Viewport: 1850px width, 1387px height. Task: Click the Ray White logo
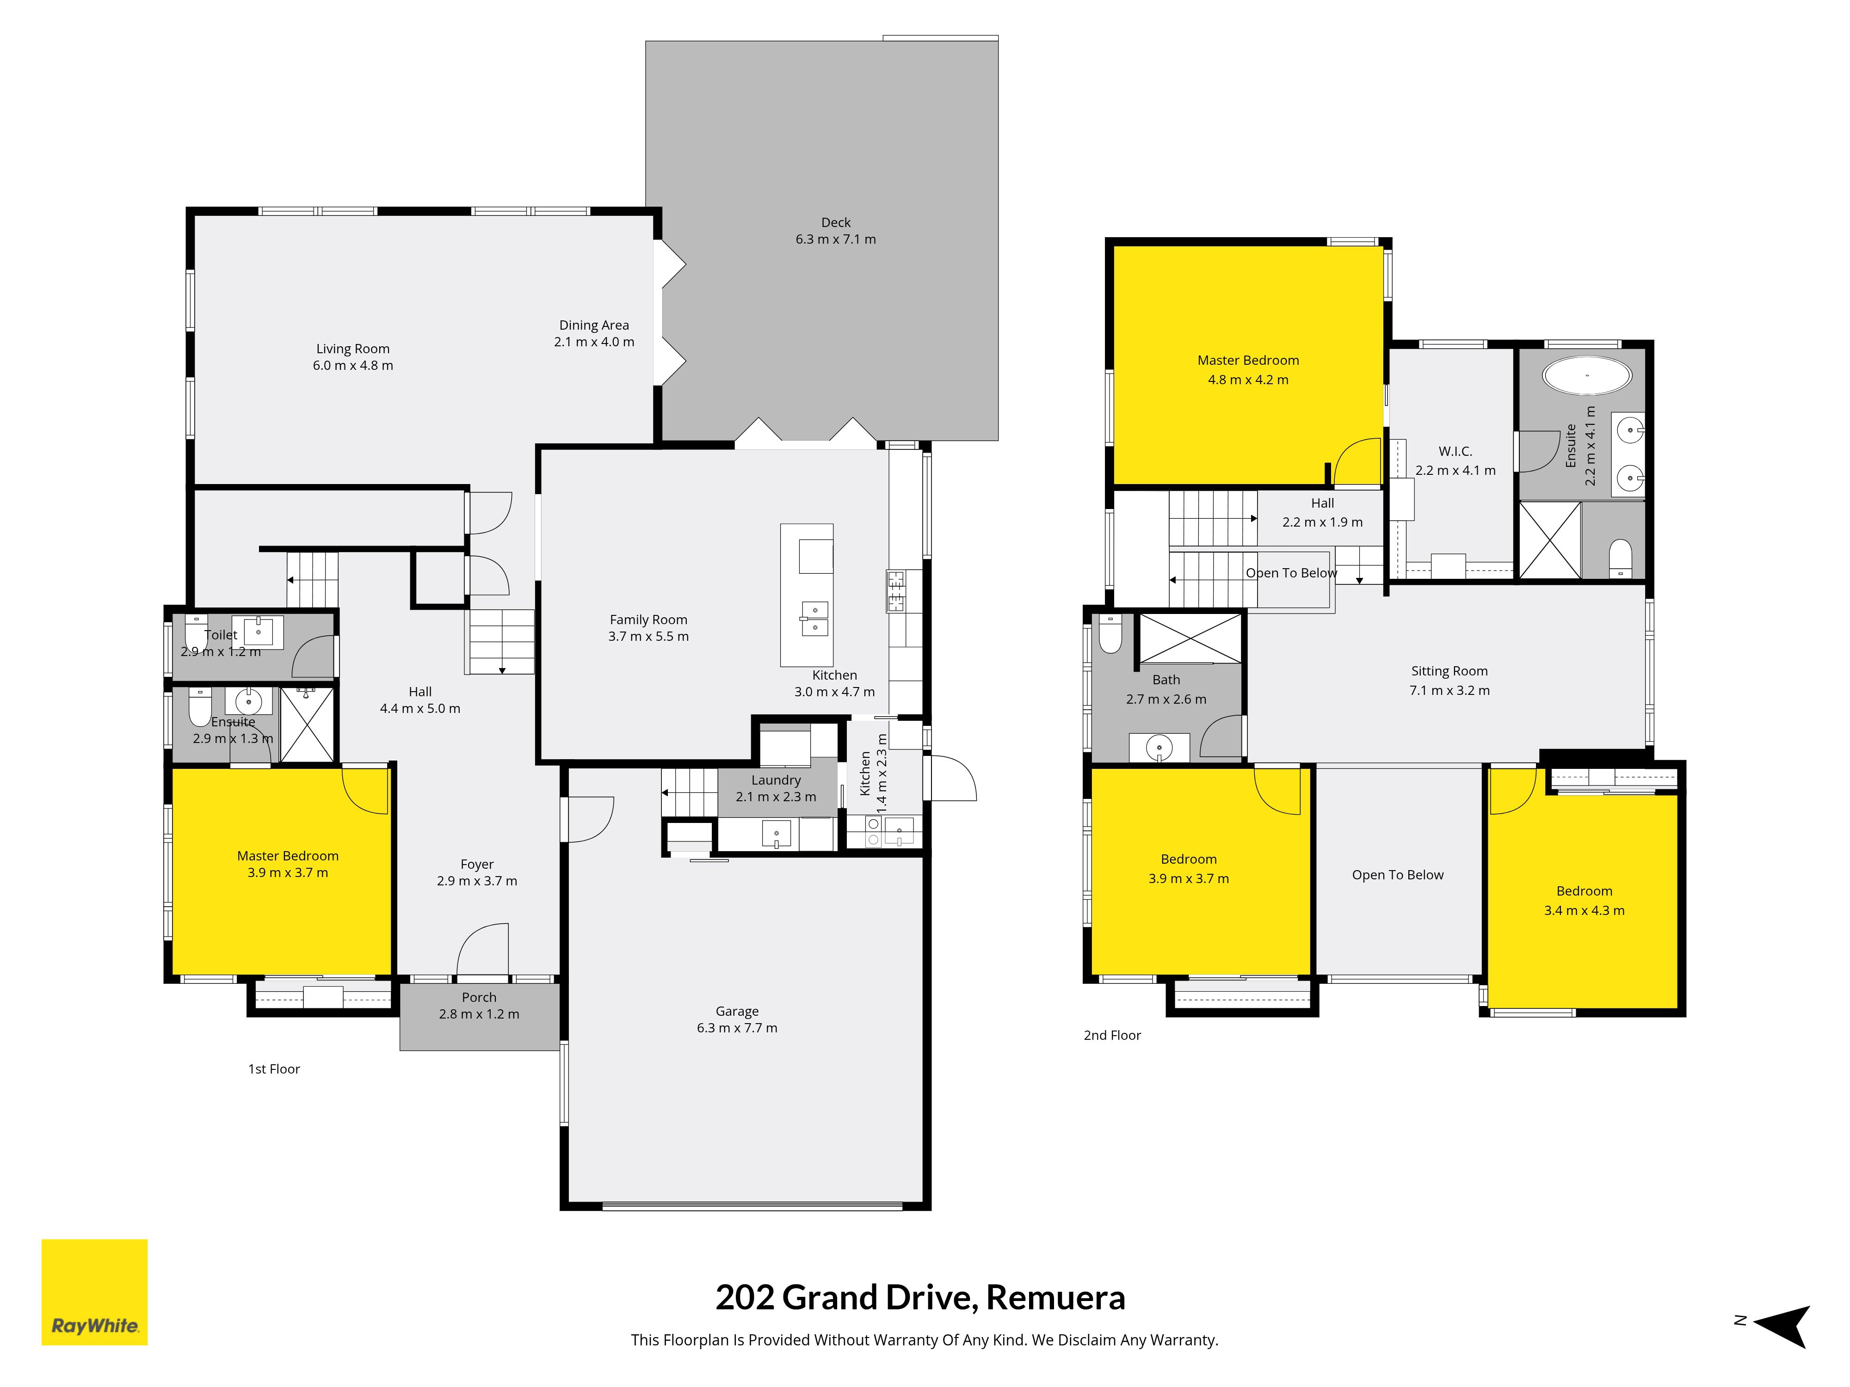[x=94, y=1292]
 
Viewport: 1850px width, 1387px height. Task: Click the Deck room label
[x=836, y=222]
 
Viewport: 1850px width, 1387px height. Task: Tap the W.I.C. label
[x=1455, y=451]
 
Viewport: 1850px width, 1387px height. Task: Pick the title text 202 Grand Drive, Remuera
[x=920, y=1298]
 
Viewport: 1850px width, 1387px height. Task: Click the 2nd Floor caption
[x=1111, y=1035]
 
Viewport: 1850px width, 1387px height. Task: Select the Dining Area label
[x=594, y=325]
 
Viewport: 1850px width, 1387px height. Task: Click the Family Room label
[x=648, y=620]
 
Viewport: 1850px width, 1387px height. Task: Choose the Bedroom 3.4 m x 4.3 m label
[x=1584, y=891]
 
